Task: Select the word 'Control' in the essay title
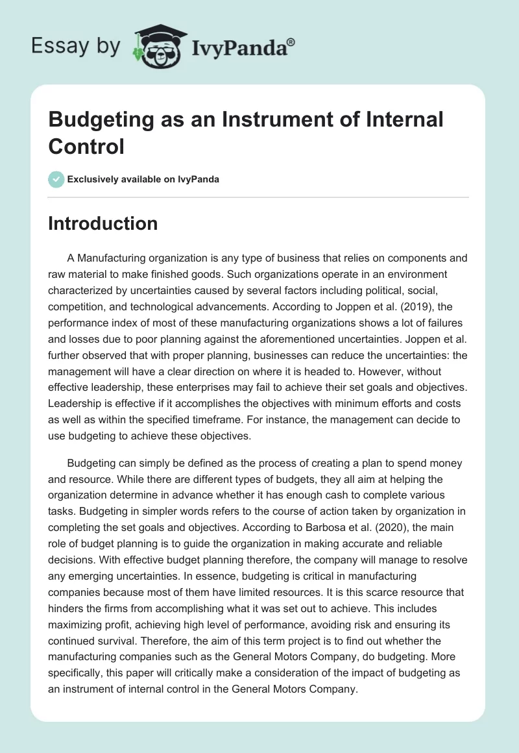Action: tap(86, 146)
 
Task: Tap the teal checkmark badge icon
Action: tap(56, 179)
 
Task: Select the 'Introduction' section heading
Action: tap(103, 223)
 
